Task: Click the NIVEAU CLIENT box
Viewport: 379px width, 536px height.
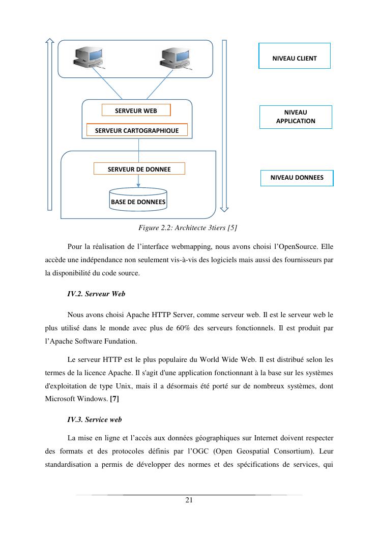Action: pyautogui.click(x=295, y=56)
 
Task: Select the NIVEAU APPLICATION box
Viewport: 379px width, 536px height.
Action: pyautogui.click(x=296, y=117)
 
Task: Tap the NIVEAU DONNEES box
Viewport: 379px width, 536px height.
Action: pyautogui.click(x=297, y=178)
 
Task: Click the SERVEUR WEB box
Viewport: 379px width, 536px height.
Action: pyautogui.click(x=136, y=110)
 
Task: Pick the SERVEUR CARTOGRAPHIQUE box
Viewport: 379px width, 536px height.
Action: pyautogui.click(x=137, y=130)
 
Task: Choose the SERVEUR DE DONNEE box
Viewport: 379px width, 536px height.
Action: pyautogui.click(x=139, y=169)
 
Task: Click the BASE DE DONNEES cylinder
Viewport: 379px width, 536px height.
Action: pyautogui.click(x=138, y=199)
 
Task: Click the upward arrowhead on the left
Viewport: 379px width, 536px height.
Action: pyautogui.click(x=49, y=41)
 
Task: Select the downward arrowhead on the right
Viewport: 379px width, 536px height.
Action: pyautogui.click(x=224, y=208)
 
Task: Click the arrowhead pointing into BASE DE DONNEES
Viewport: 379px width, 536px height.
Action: pyautogui.click(x=138, y=185)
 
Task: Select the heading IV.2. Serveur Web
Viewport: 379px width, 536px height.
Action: pyautogui.click(x=96, y=294)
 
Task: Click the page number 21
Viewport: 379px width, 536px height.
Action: pyautogui.click(x=189, y=500)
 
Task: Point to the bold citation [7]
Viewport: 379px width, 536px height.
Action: pyautogui.click(x=114, y=400)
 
